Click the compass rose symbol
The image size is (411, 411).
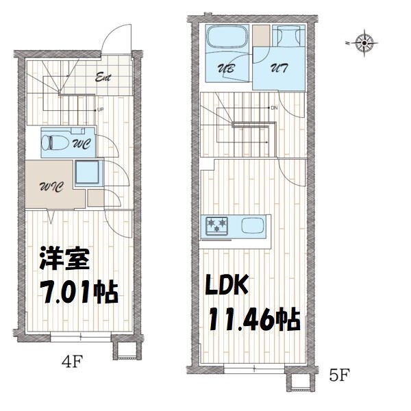pyautogui.click(x=364, y=43)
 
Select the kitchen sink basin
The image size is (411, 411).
pyautogui.click(x=251, y=225)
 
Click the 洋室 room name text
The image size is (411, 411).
pyautogui.click(x=62, y=261)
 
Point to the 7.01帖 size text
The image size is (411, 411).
pyautogui.click(x=77, y=292)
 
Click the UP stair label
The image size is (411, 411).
pyautogui.click(x=100, y=110)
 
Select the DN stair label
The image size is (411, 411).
pyautogui.click(x=274, y=108)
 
